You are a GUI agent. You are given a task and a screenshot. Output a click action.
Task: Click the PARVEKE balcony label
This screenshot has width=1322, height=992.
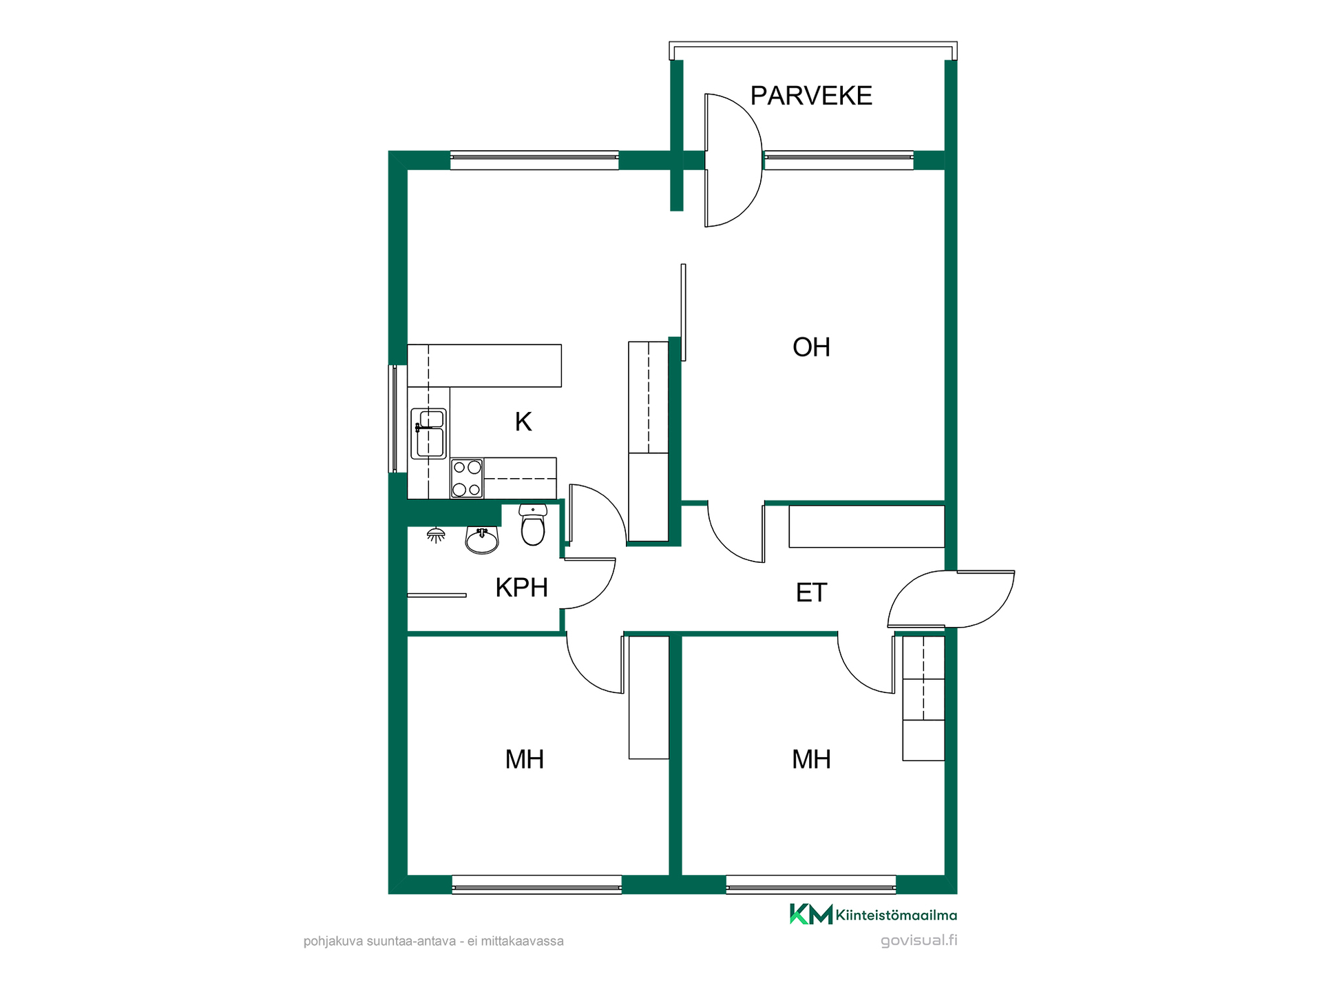(x=811, y=96)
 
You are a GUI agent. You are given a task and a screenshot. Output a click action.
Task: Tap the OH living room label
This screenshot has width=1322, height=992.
(x=811, y=347)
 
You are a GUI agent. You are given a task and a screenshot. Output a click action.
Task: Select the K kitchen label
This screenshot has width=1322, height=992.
(x=523, y=422)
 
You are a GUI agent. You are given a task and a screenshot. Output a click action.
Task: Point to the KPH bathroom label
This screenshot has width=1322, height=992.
(x=521, y=588)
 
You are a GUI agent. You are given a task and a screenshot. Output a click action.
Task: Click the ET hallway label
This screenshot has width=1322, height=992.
(x=811, y=592)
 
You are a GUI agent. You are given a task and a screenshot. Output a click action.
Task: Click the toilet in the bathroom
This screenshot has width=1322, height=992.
(x=533, y=524)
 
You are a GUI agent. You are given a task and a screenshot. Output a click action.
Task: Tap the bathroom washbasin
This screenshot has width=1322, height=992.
(x=482, y=540)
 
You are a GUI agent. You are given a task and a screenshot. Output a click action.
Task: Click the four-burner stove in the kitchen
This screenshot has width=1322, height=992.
(x=467, y=478)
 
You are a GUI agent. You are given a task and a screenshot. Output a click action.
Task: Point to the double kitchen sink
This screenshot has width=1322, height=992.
(x=428, y=434)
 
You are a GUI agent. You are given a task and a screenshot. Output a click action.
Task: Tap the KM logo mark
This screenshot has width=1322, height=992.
(x=810, y=914)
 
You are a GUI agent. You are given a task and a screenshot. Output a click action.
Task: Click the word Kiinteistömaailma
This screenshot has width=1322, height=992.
(x=896, y=915)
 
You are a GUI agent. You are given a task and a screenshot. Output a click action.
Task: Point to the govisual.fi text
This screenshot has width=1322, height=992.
(x=919, y=940)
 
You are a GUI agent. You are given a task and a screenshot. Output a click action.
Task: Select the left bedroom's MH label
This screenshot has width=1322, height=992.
(x=525, y=759)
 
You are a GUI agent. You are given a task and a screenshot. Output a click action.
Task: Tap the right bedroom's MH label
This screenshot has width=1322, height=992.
(x=811, y=759)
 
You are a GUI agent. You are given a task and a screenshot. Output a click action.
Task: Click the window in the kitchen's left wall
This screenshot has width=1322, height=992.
(x=393, y=419)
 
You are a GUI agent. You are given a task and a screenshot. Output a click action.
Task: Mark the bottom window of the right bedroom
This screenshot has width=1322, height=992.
(x=811, y=885)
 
